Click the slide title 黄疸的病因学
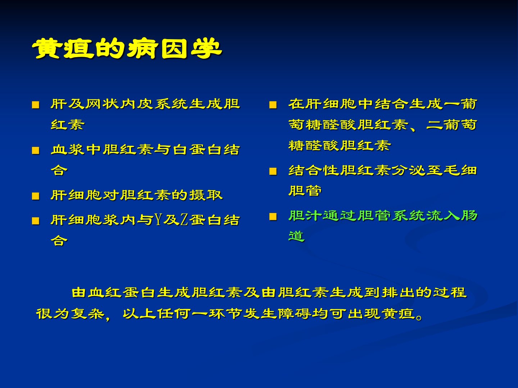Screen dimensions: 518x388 [127, 48]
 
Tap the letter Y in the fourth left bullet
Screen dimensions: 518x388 [158, 220]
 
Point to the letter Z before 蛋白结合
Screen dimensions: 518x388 [184, 220]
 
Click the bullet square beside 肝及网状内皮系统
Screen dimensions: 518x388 [36, 105]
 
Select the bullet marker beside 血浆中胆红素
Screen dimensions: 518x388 [36, 150]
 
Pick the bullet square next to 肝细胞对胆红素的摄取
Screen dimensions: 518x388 [36, 196]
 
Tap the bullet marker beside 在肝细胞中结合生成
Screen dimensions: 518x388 [273, 105]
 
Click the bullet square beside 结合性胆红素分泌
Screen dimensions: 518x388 [273, 171]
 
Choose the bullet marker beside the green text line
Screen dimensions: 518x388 [273, 216]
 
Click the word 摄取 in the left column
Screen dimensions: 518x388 [206, 195]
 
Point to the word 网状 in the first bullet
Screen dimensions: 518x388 [102, 104]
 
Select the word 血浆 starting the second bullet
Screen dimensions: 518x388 [68, 149]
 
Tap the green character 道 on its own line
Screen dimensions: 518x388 [297, 236]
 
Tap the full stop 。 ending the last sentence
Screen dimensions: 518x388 [419, 317]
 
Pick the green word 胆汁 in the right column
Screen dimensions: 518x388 [305, 215]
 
